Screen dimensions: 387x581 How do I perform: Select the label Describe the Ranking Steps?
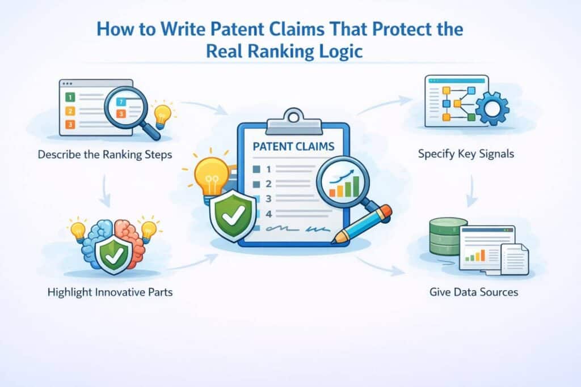click(104, 154)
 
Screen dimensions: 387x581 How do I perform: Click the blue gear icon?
click(491, 108)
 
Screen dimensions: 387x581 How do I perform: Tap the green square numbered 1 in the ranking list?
click(70, 97)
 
